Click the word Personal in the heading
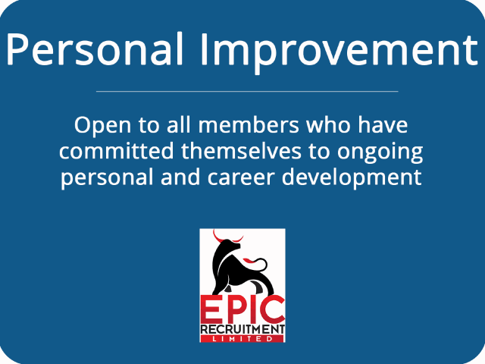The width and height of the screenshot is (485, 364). click(x=94, y=50)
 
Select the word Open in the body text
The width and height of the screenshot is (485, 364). click(x=97, y=125)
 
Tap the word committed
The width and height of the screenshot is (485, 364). click(x=115, y=152)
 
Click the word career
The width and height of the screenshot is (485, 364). click(x=258, y=178)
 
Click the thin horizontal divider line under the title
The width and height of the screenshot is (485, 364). click(x=247, y=91)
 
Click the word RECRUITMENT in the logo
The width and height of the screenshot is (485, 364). click(x=242, y=330)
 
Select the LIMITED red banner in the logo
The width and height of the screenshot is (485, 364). click(x=242, y=339)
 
